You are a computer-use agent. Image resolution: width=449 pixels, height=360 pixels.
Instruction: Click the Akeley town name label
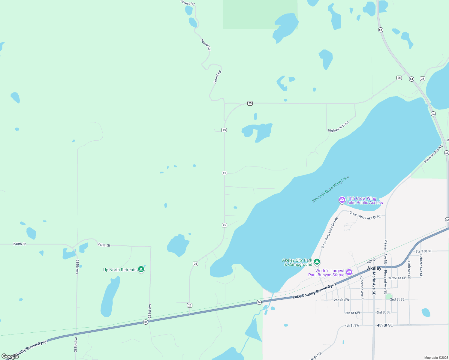pyautogui.click(x=374, y=268)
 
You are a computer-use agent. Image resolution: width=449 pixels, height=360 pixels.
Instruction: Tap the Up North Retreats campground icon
pyautogui.click(x=141, y=269)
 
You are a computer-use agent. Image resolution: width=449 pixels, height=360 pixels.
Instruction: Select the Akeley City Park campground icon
pyautogui.click(x=317, y=262)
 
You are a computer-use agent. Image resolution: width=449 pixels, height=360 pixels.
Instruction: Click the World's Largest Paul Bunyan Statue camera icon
pyautogui.click(x=349, y=272)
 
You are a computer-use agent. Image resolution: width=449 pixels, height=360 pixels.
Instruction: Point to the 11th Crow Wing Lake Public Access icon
pyautogui.click(x=342, y=200)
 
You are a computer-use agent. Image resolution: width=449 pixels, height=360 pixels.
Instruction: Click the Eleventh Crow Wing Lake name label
pyautogui.click(x=330, y=189)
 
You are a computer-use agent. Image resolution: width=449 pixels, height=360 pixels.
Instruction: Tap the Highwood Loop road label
pyautogui.click(x=338, y=127)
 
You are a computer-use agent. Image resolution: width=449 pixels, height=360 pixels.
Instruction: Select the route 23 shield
pyautogui.click(x=423, y=79)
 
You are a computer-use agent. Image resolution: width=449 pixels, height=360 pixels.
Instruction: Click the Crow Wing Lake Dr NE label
pyautogui.click(x=365, y=215)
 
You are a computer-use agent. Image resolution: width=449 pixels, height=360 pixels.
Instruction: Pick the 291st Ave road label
pyautogui.click(x=150, y=311)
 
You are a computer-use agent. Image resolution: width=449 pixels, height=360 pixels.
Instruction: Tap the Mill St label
pyautogui.click(x=371, y=260)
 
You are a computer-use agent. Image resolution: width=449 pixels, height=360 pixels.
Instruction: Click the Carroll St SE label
pyautogui.click(x=397, y=278)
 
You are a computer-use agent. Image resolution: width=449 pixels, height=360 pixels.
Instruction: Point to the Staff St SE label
pyautogui.click(x=423, y=251)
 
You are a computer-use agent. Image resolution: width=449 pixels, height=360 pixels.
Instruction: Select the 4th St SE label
pyautogui.click(x=385, y=325)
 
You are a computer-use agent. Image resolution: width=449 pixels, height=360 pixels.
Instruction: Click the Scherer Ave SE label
pyautogui.click(x=421, y=265)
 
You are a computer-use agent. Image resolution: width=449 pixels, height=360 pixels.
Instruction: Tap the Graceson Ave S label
pyautogui.click(x=362, y=288)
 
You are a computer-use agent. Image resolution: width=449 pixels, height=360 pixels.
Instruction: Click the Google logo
pyautogui.click(x=10, y=356)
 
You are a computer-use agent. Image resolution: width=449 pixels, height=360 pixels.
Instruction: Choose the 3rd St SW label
pyautogui.click(x=352, y=313)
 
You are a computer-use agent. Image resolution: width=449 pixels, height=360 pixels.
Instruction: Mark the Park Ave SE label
pyautogui.click(x=409, y=270)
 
